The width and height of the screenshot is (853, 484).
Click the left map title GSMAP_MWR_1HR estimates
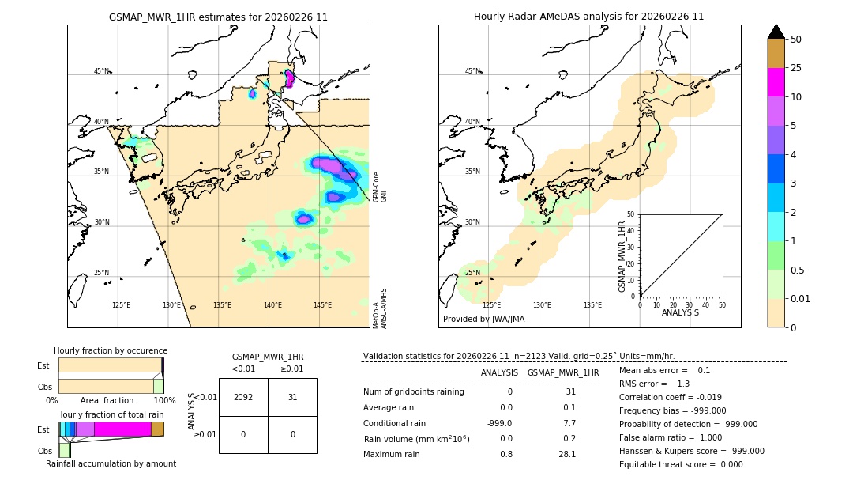(x=218, y=17)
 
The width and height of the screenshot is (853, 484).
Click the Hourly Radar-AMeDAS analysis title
(x=588, y=17)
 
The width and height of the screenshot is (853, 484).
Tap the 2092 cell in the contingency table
(x=243, y=397)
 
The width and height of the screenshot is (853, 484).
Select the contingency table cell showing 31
(x=292, y=397)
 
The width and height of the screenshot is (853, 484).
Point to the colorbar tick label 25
(x=796, y=68)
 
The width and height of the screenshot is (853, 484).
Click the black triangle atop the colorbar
(x=776, y=32)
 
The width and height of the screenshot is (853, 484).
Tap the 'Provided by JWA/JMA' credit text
(x=483, y=319)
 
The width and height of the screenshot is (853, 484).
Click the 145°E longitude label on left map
(x=322, y=305)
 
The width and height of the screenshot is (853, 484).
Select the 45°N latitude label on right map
(x=472, y=71)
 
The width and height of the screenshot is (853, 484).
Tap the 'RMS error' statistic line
(x=644, y=384)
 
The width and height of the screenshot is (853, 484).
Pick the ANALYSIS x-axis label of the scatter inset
(x=680, y=312)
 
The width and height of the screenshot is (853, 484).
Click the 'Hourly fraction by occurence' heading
(x=111, y=350)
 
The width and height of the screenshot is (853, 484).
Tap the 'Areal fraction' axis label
(x=107, y=400)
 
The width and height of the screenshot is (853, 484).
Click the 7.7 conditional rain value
(x=570, y=423)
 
